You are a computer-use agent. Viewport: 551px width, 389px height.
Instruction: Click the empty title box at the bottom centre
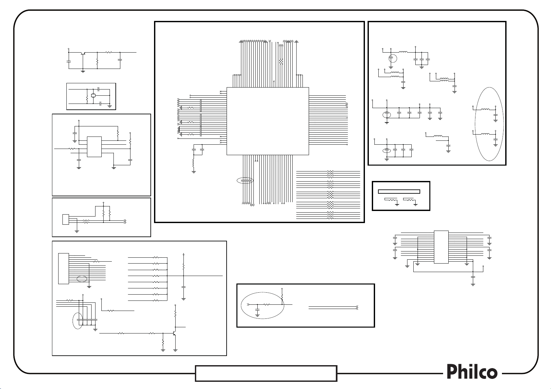pos(266,373)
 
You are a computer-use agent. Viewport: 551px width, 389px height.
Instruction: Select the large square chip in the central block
pos(267,121)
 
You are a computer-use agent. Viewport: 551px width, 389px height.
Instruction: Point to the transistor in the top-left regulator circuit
pos(83,53)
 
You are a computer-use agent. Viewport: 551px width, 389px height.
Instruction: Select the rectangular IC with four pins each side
pos(94,147)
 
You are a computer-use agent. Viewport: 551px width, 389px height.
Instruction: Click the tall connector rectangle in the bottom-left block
pos(63,268)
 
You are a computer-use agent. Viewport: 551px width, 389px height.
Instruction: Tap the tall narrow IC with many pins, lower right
pos(441,247)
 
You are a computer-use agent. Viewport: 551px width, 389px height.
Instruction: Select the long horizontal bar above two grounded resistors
pos(399,191)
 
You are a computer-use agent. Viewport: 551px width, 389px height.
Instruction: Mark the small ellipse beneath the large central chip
pos(245,180)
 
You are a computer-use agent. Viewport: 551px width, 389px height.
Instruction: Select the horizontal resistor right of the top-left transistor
pos(109,52)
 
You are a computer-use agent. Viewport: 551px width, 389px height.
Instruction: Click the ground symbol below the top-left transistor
pos(83,70)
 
